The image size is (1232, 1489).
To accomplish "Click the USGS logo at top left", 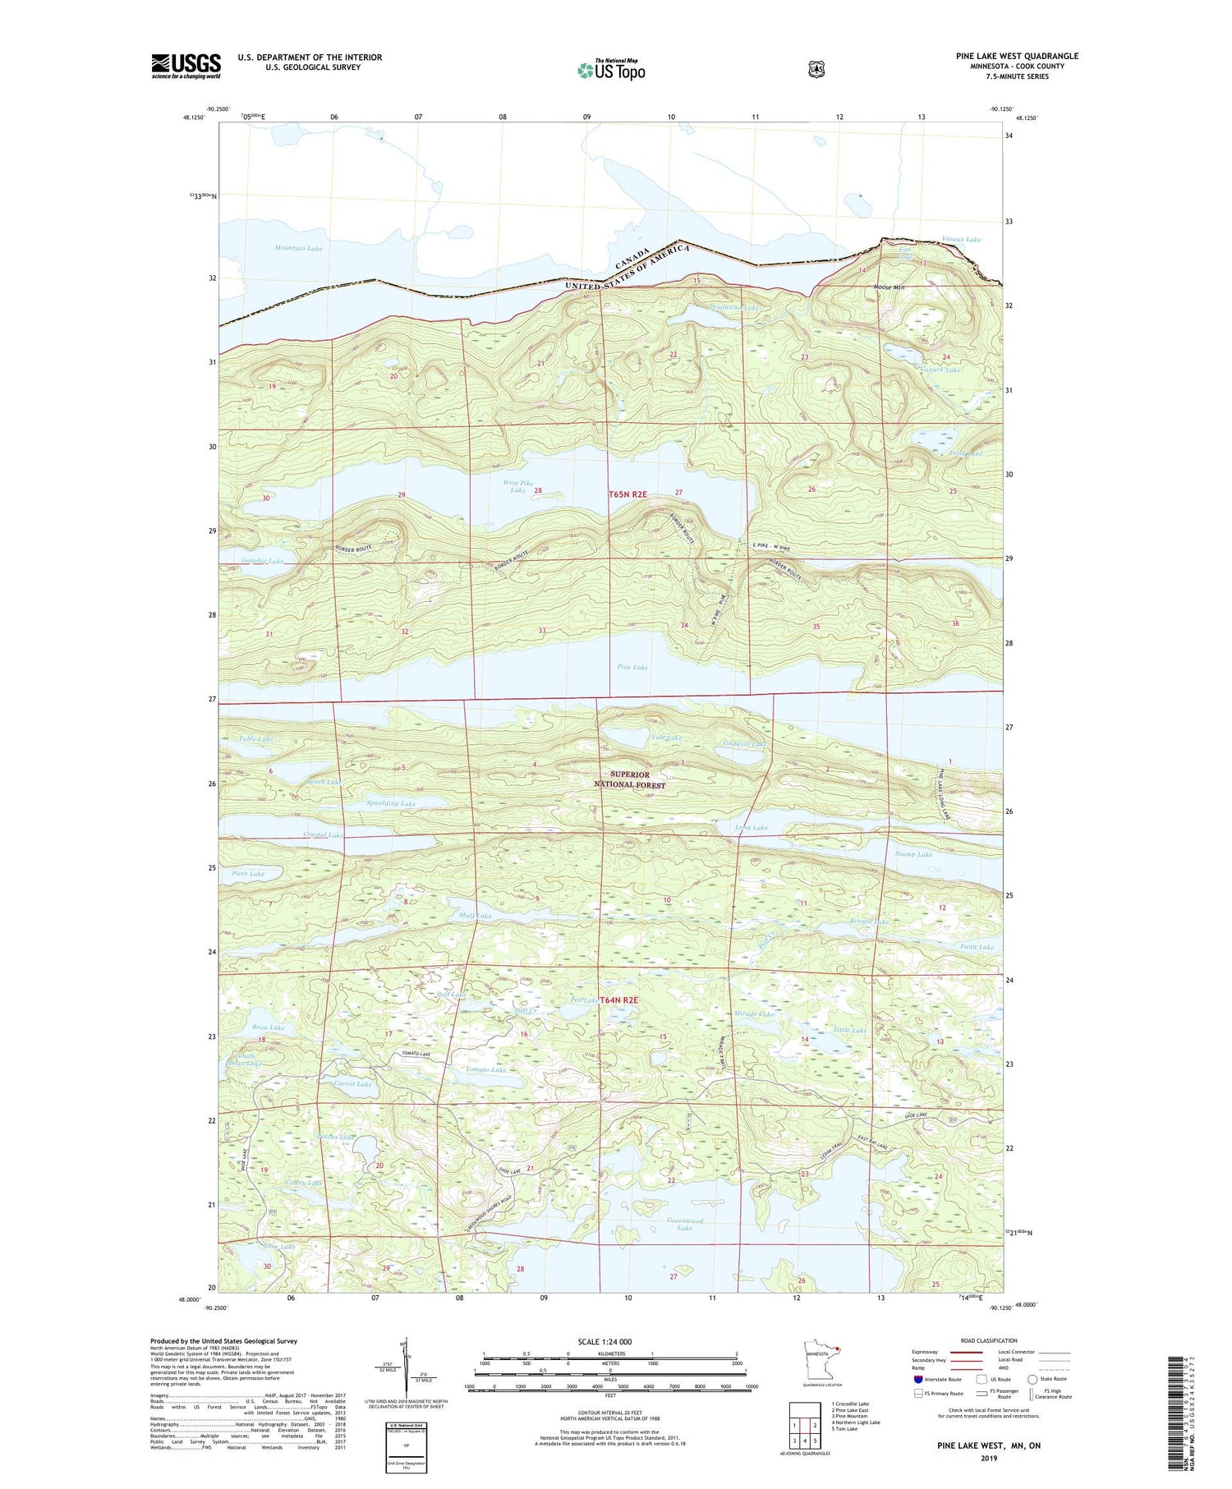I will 186,66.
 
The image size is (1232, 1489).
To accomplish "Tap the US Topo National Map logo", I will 611,70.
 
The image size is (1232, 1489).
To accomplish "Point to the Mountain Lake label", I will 298,248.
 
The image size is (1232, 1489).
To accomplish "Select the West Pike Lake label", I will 517,486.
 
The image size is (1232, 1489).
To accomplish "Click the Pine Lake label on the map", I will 632,667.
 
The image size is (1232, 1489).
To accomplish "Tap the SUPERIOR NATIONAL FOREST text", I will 629,779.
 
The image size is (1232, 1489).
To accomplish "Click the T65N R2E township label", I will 628,494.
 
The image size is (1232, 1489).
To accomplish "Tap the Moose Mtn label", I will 889,287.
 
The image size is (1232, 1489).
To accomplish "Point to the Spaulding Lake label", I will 391,803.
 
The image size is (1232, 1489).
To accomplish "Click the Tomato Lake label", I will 485,1069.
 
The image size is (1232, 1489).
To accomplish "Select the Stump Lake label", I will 913,854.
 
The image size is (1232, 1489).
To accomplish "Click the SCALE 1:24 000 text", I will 605,1341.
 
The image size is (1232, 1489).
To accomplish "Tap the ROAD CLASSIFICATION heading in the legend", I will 988,1340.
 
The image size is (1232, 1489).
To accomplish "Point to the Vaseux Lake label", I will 961,240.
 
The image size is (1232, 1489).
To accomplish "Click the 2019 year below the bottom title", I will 988,1459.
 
